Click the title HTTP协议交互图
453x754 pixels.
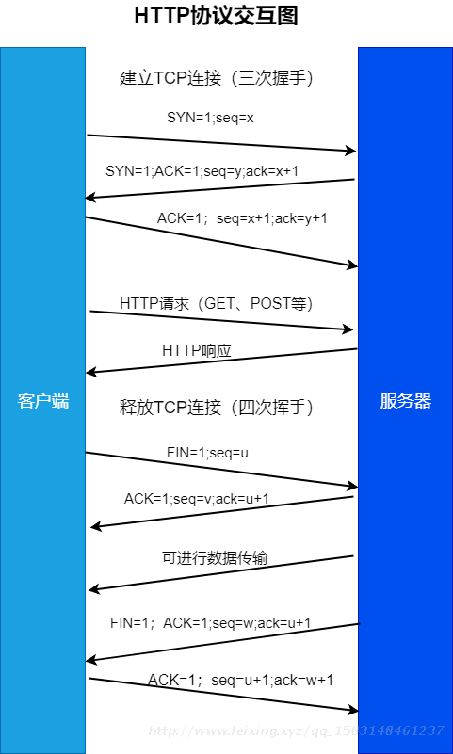pos(217,15)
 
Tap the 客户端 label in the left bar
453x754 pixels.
pos(43,401)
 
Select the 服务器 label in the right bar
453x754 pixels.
pos(406,401)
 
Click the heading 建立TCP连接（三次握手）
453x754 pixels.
pos(217,78)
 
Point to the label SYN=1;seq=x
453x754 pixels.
pos(210,118)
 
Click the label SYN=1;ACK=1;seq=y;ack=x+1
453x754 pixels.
pos(202,171)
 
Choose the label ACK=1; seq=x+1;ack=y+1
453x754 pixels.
pos(242,218)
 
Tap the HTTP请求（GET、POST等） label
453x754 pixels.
pos(217,303)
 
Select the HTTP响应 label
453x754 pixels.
pos(197,350)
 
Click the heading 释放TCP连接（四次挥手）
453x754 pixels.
pos(217,408)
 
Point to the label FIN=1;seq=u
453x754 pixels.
pos(207,453)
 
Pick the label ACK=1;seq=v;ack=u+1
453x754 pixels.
pos(196,499)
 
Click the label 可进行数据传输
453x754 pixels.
pos(215,558)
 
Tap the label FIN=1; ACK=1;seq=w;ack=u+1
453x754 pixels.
pos(211,623)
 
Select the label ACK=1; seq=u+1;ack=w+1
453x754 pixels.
pos(240,680)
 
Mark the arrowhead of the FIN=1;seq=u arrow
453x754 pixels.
pos(352,486)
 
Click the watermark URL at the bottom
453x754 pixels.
pos(296,730)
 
